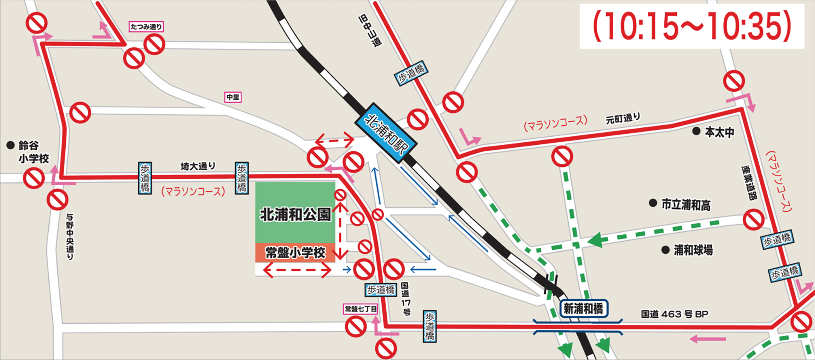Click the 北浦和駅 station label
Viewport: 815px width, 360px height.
point(385,133)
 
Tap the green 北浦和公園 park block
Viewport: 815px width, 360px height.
point(295,212)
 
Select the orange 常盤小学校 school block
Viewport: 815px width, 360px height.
point(295,253)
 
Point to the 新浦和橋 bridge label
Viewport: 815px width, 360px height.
point(583,309)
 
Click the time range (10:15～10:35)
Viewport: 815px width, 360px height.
point(692,26)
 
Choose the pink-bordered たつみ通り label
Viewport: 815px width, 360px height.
point(146,27)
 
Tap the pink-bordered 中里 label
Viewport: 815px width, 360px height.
point(233,97)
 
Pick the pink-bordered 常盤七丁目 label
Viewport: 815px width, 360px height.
point(360,309)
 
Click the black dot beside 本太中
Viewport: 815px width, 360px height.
point(696,131)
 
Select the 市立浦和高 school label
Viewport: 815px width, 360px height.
point(686,205)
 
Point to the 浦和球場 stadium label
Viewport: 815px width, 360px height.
point(693,250)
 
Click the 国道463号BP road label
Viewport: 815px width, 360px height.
point(674,314)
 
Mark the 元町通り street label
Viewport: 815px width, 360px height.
point(622,118)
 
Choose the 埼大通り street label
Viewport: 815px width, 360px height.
point(198,166)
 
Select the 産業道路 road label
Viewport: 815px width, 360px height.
point(749,183)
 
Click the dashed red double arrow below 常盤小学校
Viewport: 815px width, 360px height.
point(297,270)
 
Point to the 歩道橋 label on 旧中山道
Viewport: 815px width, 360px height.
point(411,73)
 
